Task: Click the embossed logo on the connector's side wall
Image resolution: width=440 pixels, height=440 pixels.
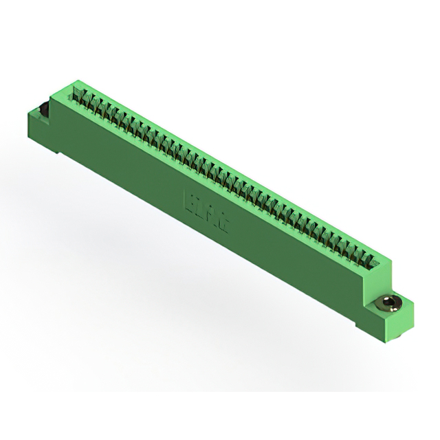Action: (x=207, y=212)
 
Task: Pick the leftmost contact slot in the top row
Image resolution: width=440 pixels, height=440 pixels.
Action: (x=80, y=95)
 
